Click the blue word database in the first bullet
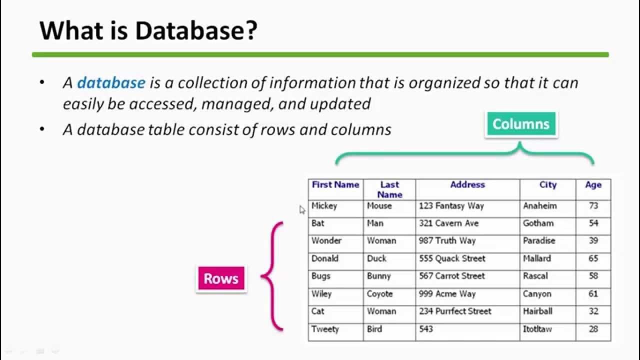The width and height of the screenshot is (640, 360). point(111,82)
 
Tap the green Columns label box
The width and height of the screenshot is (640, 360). point(520,124)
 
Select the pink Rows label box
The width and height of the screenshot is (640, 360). point(221,278)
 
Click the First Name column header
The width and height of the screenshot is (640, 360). point(335,184)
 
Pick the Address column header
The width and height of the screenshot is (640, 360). point(467,184)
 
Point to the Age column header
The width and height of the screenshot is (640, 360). point(593,184)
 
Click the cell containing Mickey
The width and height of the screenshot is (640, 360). point(324,205)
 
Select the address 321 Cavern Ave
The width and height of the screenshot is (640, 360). point(448,223)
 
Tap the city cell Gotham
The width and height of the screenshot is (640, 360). point(538,223)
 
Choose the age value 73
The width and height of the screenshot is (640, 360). point(593,205)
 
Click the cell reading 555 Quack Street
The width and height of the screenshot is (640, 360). point(452,258)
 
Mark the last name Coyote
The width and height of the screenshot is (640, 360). point(379,293)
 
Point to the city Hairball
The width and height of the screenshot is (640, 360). point(537,311)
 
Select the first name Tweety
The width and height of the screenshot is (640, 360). point(325,329)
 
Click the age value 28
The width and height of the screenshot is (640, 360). point(593,329)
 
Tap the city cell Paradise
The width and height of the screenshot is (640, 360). point(539,240)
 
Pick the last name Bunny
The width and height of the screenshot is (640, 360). point(378,276)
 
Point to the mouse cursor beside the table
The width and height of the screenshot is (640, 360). point(302,210)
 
